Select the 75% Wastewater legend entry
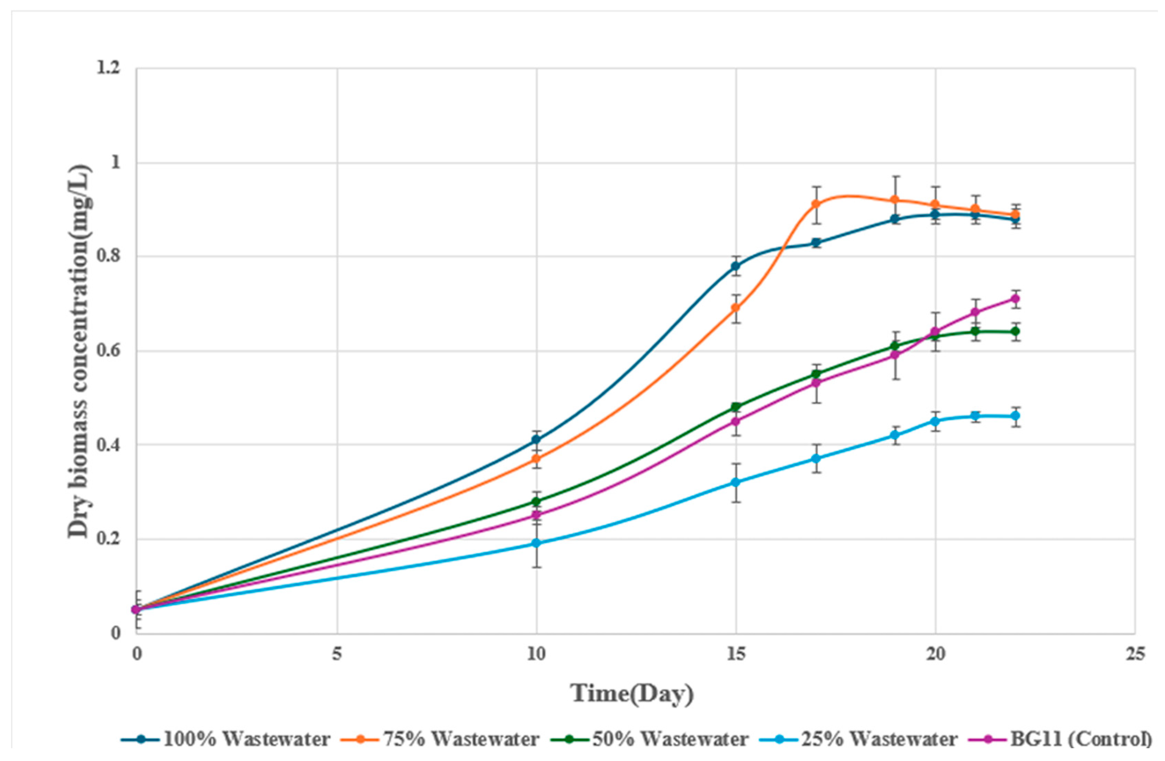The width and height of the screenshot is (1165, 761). [x=461, y=739]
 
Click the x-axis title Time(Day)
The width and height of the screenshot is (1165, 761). [x=632, y=694]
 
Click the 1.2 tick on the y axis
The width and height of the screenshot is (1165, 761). [x=108, y=68]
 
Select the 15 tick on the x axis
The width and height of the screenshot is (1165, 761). [x=736, y=654]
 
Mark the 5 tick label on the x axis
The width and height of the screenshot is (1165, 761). [x=337, y=654]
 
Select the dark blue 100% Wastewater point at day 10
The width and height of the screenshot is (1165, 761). [x=536, y=440]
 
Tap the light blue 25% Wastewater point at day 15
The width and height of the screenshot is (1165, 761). [x=736, y=482]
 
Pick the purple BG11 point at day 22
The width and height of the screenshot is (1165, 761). [x=1015, y=299]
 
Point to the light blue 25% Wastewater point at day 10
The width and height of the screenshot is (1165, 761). [x=536, y=543]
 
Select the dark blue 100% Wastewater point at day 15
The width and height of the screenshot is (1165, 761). [x=736, y=266]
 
